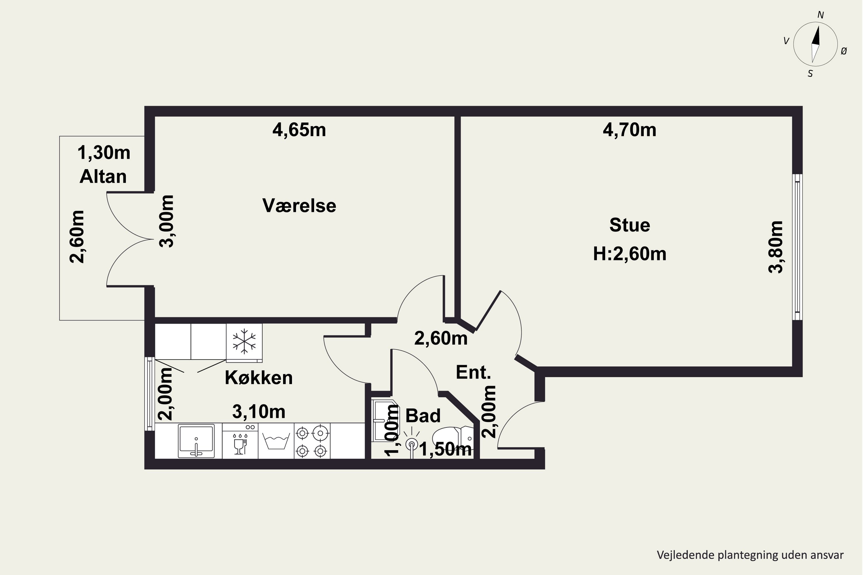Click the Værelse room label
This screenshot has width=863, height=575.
[299, 205]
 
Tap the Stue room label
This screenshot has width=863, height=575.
[630, 225]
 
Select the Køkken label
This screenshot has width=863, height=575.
[259, 378]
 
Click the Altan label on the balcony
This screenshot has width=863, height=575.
[103, 177]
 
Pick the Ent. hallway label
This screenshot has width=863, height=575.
[473, 372]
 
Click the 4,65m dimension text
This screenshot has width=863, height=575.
[299, 130]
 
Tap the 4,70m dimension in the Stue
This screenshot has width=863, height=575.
[630, 130]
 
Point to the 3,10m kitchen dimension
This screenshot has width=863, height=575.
[259, 411]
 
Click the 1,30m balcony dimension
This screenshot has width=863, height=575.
[104, 153]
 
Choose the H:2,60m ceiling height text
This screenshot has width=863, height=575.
[630, 254]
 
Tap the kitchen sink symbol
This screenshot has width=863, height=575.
[196, 440]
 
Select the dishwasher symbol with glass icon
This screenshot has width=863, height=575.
[240, 441]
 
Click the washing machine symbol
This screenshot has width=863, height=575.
[276, 441]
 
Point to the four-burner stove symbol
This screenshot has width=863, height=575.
[312, 441]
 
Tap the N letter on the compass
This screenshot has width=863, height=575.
[821, 15]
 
